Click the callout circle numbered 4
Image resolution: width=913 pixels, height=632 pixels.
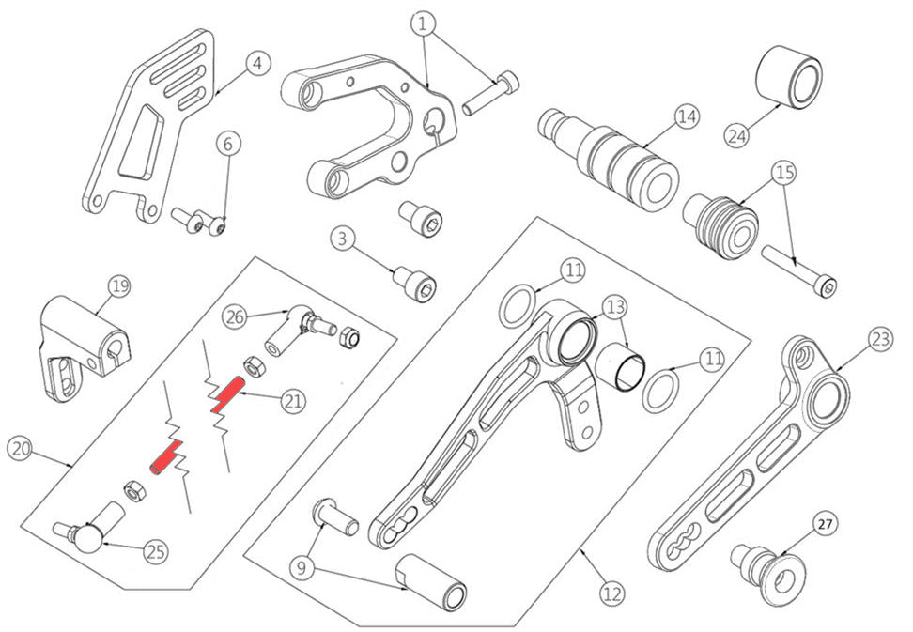tap(258, 64)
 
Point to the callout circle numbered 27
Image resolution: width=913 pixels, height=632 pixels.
tap(823, 523)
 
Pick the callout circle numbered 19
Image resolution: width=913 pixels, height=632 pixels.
tap(117, 287)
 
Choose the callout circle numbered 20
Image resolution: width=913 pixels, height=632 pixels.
tap(20, 448)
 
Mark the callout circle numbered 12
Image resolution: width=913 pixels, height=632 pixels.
tap(611, 593)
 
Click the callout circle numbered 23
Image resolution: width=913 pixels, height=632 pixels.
tap(879, 339)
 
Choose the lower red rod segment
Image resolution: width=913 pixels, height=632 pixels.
tap(164, 459)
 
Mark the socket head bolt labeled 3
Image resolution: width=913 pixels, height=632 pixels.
tap(414, 280)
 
